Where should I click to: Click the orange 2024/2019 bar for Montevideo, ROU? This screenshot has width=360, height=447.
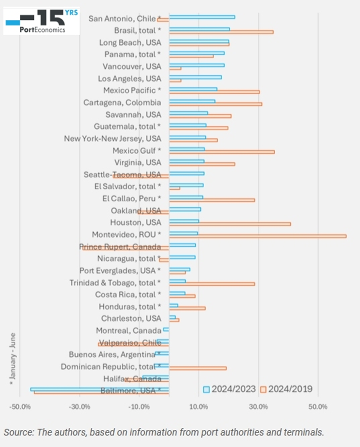[x=257, y=236]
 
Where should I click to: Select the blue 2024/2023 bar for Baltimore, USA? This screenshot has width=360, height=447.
[x=100, y=389]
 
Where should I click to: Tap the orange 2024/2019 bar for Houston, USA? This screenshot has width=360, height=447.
[x=230, y=224]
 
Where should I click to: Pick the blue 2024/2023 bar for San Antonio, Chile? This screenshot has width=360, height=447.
[x=202, y=17]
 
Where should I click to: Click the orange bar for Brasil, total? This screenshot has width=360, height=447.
[x=221, y=32]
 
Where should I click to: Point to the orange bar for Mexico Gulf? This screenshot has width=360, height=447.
[x=222, y=152]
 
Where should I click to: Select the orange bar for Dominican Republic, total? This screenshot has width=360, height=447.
[x=197, y=368]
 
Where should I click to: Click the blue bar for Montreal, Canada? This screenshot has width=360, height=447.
[x=166, y=330]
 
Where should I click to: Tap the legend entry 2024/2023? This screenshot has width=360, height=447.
[x=229, y=389]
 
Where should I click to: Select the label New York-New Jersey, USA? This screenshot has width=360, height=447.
[x=112, y=139]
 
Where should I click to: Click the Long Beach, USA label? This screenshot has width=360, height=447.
[x=130, y=43]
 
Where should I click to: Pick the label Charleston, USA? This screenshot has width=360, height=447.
[x=131, y=319]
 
